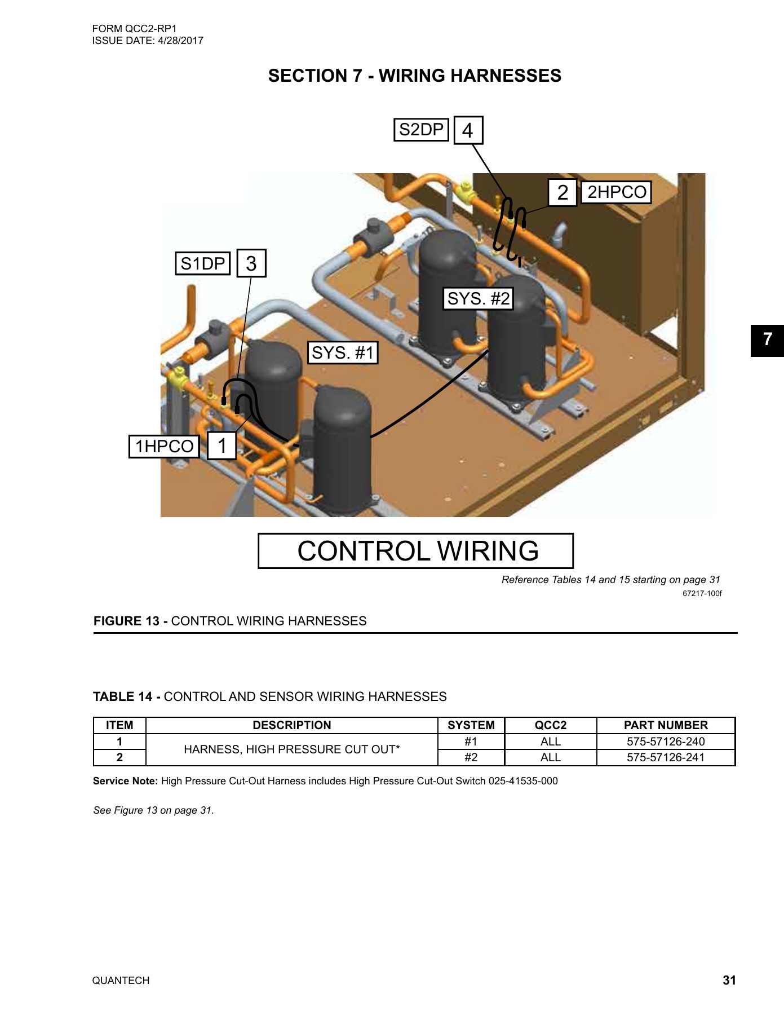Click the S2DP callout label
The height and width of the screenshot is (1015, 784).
pyautogui.click(x=421, y=130)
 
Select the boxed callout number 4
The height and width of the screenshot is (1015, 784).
pyautogui.click(x=468, y=130)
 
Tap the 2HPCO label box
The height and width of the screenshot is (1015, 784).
pyautogui.click(x=616, y=192)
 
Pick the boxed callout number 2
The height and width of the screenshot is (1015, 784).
pyautogui.click(x=562, y=192)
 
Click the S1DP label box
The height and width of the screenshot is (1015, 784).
pyautogui.click(x=202, y=263)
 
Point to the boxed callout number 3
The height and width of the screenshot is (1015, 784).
pyautogui.click(x=251, y=263)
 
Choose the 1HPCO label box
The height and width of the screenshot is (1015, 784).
pyautogui.click(x=164, y=447)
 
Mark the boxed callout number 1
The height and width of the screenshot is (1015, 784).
pyautogui.click(x=222, y=445)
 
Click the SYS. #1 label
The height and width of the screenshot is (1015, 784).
pyautogui.click(x=343, y=353)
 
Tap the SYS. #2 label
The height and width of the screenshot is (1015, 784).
pyautogui.click(x=478, y=298)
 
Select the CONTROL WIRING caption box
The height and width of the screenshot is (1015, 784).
pyautogui.click(x=416, y=551)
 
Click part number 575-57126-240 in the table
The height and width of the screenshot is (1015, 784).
pyautogui.click(x=666, y=742)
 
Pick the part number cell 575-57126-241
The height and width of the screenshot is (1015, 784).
pyautogui.click(x=666, y=757)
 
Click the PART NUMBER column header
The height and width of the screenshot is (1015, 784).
pyautogui.click(x=666, y=725)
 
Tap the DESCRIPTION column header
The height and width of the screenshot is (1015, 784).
pyautogui.click(x=291, y=725)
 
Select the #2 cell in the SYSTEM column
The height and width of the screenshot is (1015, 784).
pyautogui.click(x=471, y=757)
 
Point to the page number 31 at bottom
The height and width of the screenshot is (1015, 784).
pyautogui.click(x=729, y=980)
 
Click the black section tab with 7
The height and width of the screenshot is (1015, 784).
pyautogui.click(x=767, y=340)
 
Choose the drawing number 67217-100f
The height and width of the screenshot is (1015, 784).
pyautogui.click(x=702, y=593)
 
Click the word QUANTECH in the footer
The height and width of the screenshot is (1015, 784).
pyautogui.click(x=121, y=981)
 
